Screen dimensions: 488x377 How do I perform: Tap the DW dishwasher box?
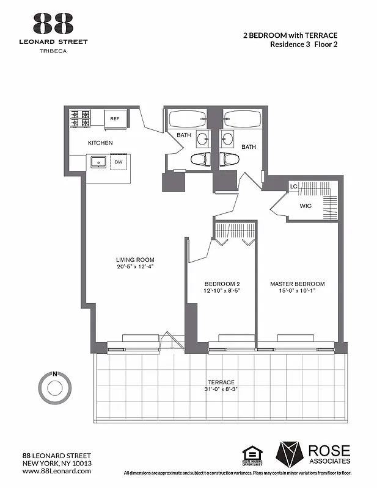tap(119, 162)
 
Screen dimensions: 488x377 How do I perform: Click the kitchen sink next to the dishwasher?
tap(98, 162)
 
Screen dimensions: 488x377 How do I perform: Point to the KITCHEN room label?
tap(100, 143)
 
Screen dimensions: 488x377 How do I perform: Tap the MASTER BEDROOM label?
tap(298, 284)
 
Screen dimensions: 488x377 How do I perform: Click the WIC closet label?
tap(306, 206)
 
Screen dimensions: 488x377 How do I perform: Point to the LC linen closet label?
tap(293, 186)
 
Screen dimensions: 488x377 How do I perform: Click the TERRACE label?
tap(221, 382)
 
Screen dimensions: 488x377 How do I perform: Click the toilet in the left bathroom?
tap(199, 159)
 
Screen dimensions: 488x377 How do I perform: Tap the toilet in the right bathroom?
tap(230, 159)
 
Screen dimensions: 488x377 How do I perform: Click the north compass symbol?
tap(55, 386)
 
